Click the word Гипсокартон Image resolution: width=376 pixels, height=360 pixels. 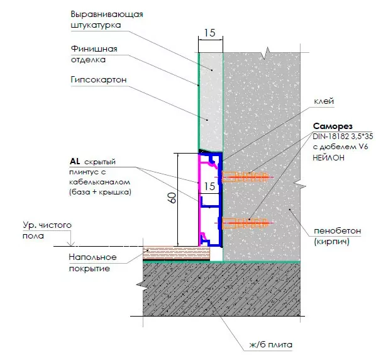(x=99, y=80)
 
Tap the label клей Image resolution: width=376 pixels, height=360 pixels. (x=324, y=101)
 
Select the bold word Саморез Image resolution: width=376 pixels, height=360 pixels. (x=333, y=127)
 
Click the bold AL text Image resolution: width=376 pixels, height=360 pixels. (x=75, y=161)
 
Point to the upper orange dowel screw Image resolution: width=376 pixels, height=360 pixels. (x=245, y=177)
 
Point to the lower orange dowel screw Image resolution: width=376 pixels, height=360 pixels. (x=245, y=223)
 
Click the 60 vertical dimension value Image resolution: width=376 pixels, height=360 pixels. (x=172, y=198)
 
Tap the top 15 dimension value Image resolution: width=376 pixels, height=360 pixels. (x=209, y=33)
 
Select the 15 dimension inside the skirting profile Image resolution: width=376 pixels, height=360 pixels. (x=209, y=186)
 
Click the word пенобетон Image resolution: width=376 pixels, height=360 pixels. (x=338, y=231)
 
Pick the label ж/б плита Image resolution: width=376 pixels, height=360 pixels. (x=271, y=345)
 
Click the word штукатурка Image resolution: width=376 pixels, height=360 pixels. (x=96, y=25)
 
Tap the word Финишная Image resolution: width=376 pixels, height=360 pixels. (x=94, y=49)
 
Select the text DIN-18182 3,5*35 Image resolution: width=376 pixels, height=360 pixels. (x=343, y=137)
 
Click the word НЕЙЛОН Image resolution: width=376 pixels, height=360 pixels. (x=328, y=158)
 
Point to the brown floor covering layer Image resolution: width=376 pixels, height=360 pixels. (x=176, y=253)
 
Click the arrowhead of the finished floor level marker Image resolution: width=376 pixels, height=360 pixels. (x=71, y=245)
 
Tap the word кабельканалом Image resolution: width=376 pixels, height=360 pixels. (x=100, y=182)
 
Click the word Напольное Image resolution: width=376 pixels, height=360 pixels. (x=93, y=257)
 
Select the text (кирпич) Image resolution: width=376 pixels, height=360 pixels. (x=331, y=242)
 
